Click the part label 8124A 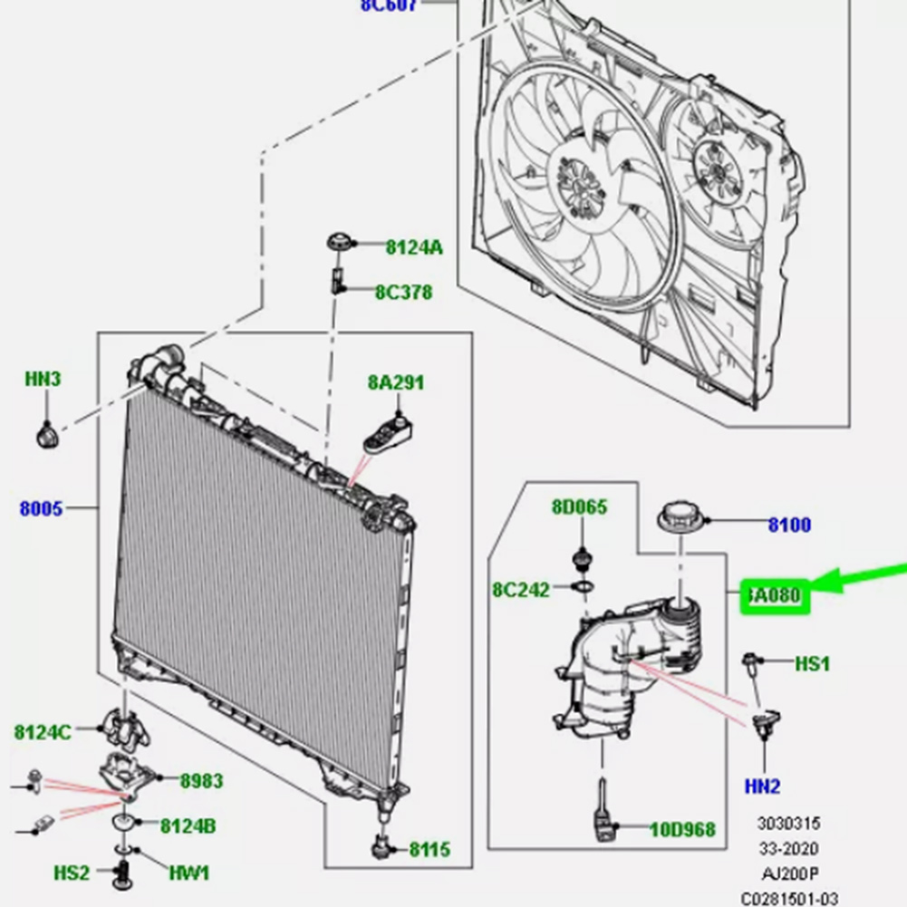414,246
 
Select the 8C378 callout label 403,293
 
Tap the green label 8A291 396,382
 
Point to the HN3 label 43,379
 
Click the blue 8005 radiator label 42,508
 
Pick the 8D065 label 579,507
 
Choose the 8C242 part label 521,590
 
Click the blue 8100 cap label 789,525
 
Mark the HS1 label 812,664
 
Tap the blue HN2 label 762,786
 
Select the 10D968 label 681,829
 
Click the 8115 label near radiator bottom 429,849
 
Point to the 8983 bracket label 200,780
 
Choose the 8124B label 188,825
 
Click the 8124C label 42,731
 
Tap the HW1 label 188,873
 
